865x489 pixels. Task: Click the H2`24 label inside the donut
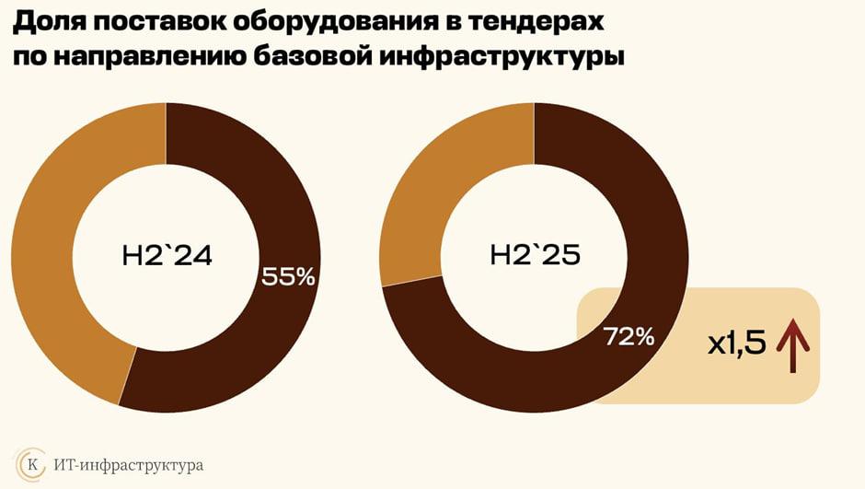[x=167, y=256]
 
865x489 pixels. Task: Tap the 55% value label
[x=289, y=276]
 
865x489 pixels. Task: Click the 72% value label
[x=629, y=337]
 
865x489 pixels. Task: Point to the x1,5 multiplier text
[x=736, y=345]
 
